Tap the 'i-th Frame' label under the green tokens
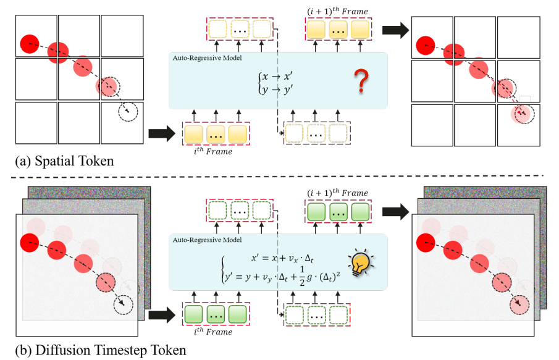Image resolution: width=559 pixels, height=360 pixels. (215, 332)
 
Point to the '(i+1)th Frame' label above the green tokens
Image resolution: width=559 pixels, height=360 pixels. (337, 193)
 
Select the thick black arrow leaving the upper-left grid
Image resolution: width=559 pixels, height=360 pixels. (161, 133)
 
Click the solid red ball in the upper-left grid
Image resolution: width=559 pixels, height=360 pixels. (28, 43)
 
